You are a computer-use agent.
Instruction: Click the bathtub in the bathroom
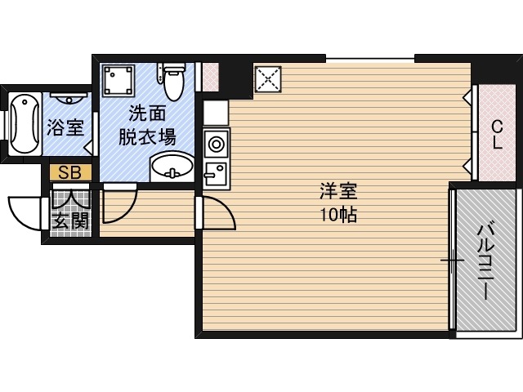pyautogui.click(x=25, y=123)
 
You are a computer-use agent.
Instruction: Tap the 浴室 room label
pyautogui.click(x=65, y=127)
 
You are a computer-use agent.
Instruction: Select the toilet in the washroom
pyautogui.click(x=172, y=81)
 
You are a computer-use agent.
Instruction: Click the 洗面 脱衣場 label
pyautogui.click(x=147, y=125)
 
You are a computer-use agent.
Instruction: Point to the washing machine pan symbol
pyautogui.click(x=118, y=81)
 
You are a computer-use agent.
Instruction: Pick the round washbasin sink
pyautogui.click(x=172, y=167)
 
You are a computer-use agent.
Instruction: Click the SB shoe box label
pyautogui.click(x=69, y=172)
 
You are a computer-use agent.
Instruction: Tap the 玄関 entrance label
pyautogui.click(x=71, y=220)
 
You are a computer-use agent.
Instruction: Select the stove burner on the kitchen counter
pyautogui.click(x=216, y=145)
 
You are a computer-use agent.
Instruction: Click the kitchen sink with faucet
pyautogui.click(x=216, y=174)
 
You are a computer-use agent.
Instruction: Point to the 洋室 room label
pyautogui.click(x=338, y=191)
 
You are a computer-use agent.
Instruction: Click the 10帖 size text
pyautogui.click(x=338, y=215)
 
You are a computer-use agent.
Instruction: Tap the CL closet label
pyautogui.click(x=497, y=135)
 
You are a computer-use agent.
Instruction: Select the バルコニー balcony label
pyautogui.click(x=483, y=262)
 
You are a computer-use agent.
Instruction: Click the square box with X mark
pyautogui.click(x=268, y=79)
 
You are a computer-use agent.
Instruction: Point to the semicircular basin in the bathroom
pyautogui.click(x=69, y=99)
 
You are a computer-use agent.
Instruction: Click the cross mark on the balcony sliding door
pyautogui.click(x=452, y=260)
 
